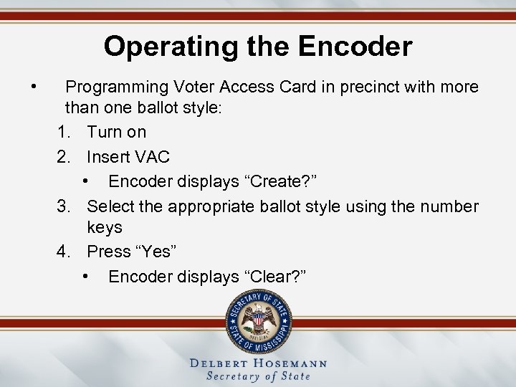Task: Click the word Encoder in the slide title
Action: pos(355,47)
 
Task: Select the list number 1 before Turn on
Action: pos(63,132)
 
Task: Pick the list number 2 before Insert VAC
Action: pos(63,156)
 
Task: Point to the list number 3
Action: pos(63,206)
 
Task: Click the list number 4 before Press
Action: pos(63,252)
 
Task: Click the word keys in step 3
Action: pos(105,227)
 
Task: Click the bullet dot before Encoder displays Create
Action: pos(85,181)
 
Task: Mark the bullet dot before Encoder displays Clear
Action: pos(85,276)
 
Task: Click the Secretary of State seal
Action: pos(259,320)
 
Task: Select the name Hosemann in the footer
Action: pos(291,363)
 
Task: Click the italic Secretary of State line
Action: pos(258,376)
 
